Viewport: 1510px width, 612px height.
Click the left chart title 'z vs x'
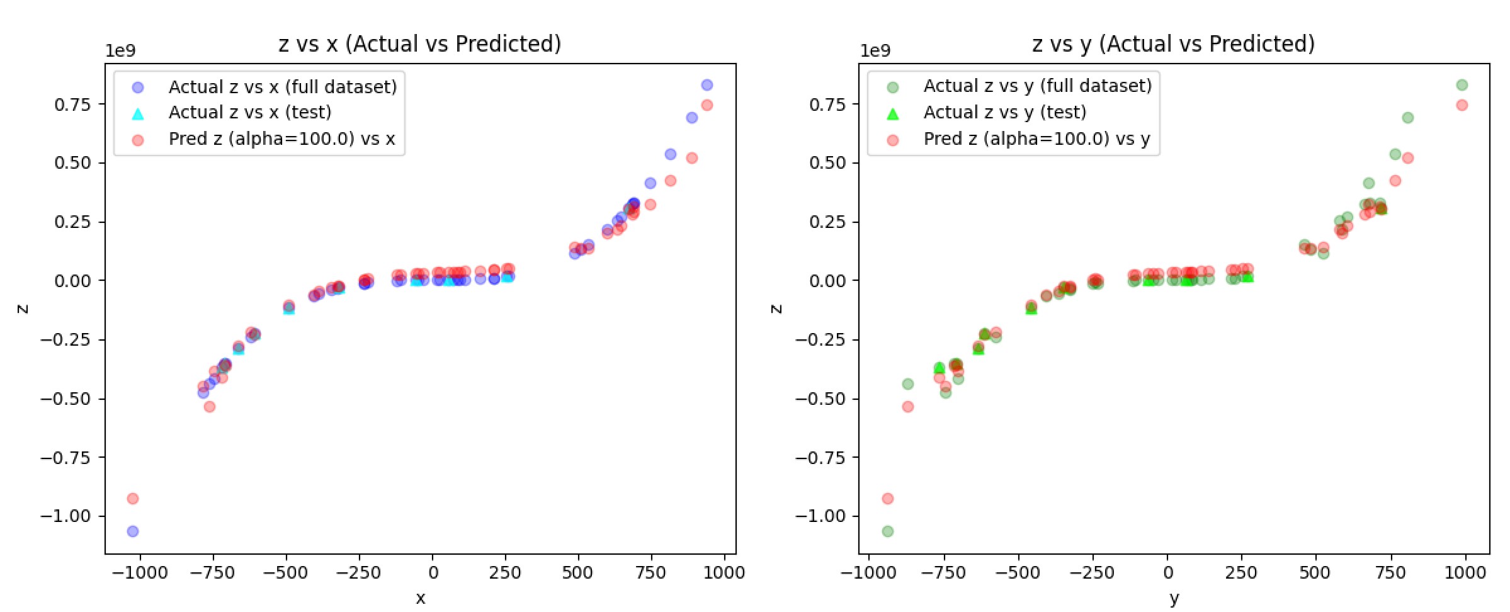[419, 44]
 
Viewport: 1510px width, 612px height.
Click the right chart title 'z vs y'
[1173, 44]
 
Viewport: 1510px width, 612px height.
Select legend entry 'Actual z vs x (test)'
[249, 113]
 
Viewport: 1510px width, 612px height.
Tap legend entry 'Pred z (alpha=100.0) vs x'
[281, 139]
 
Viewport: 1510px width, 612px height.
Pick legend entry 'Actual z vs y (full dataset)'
[1037, 86]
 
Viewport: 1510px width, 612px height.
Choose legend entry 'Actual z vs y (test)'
[1004, 113]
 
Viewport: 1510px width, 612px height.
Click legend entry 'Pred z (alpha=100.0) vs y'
[1036, 139]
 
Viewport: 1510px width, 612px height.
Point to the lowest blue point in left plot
[133, 531]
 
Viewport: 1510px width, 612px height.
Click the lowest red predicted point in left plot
[133, 499]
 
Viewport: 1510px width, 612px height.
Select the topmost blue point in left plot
[707, 85]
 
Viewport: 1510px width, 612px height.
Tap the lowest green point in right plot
[888, 531]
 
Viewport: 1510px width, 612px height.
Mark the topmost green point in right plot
[1462, 85]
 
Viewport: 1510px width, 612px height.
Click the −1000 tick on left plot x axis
[140, 573]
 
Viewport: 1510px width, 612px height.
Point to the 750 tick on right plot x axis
[1390, 573]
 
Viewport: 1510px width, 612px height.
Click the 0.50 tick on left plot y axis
[72, 163]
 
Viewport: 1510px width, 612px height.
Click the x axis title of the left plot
[420, 598]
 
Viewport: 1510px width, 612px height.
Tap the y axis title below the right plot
[1174, 598]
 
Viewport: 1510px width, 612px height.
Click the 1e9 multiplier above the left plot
[120, 51]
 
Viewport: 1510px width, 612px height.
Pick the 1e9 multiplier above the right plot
[875, 51]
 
